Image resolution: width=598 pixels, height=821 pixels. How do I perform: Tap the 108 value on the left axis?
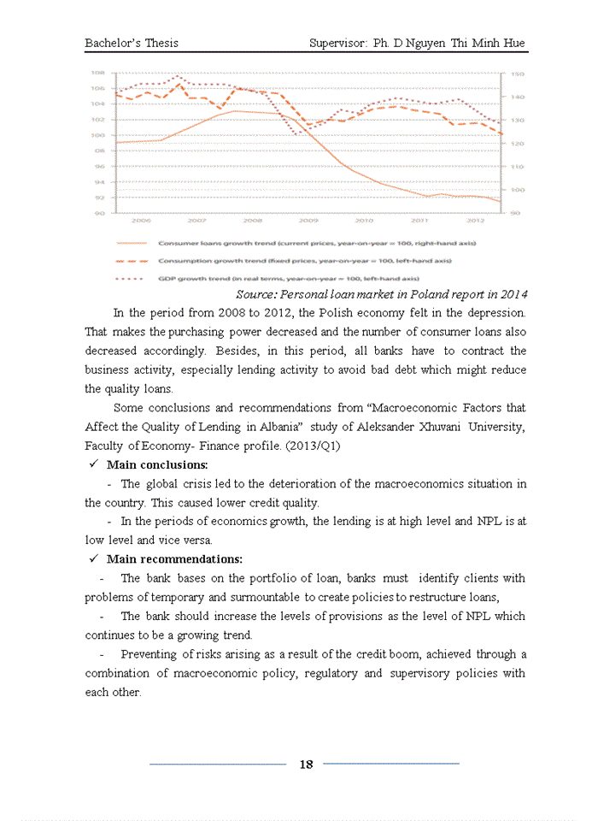coord(98,74)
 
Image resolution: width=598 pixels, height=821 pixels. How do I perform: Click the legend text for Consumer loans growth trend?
coord(317,244)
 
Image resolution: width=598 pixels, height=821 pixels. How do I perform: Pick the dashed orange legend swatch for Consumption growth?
coord(132,260)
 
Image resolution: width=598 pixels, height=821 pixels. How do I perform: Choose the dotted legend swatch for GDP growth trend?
coord(132,278)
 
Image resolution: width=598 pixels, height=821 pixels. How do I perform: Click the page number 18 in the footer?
coord(306,765)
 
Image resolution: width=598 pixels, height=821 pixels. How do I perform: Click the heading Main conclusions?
coord(157,465)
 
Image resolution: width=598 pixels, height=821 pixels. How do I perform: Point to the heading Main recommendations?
coord(174,559)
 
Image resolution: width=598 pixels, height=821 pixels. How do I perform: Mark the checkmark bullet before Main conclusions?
coord(94,465)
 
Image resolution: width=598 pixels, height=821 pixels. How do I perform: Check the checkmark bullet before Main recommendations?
coord(94,559)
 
